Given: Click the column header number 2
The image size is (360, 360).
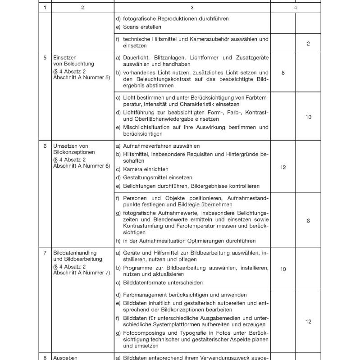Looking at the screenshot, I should (82, 8).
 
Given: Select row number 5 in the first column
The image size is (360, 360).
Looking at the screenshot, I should (45, 58).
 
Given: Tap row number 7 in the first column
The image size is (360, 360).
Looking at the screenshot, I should (45, 253).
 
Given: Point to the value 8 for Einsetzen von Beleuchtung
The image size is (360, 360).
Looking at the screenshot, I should (283, 72).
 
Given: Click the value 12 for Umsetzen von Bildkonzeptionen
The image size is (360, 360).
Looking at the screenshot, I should (283, 167).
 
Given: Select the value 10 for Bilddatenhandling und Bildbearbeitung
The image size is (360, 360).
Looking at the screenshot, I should (283, 269).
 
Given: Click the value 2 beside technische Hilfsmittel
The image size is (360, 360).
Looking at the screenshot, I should (308, 44).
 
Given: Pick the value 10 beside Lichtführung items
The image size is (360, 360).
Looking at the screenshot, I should (308, 117).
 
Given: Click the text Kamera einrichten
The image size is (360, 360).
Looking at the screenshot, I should (145, 169).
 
